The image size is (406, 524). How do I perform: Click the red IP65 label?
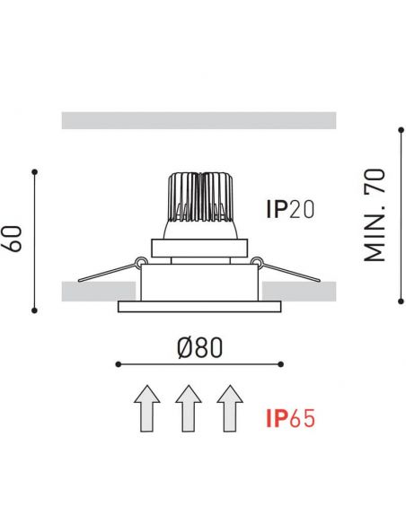[x=291, y=419]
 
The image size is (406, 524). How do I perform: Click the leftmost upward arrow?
[x=147, y=408]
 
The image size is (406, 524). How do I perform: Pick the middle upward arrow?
[x=189, y=408]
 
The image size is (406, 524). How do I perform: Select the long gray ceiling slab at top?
[x=199, y=120]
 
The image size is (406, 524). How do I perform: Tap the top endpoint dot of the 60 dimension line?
[x=34, y=171]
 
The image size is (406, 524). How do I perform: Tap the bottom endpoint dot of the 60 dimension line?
[x=34, y=310]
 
